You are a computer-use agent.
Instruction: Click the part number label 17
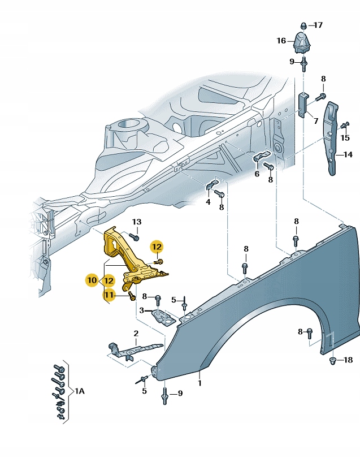[319, 25]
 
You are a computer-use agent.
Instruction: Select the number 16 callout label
[281, 41]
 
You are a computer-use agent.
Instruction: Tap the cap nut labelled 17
[303, 25]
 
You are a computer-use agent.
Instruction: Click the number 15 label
[344, 137]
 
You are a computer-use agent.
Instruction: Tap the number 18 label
[348, 360]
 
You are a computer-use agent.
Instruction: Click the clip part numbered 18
[333, 360]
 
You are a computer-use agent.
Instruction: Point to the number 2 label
[136, 334]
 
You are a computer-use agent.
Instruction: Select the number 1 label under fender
[199, 383]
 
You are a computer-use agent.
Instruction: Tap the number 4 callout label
[207, 201]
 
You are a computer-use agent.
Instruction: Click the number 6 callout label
[257, 174]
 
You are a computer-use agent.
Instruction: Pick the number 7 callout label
[316, 120]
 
